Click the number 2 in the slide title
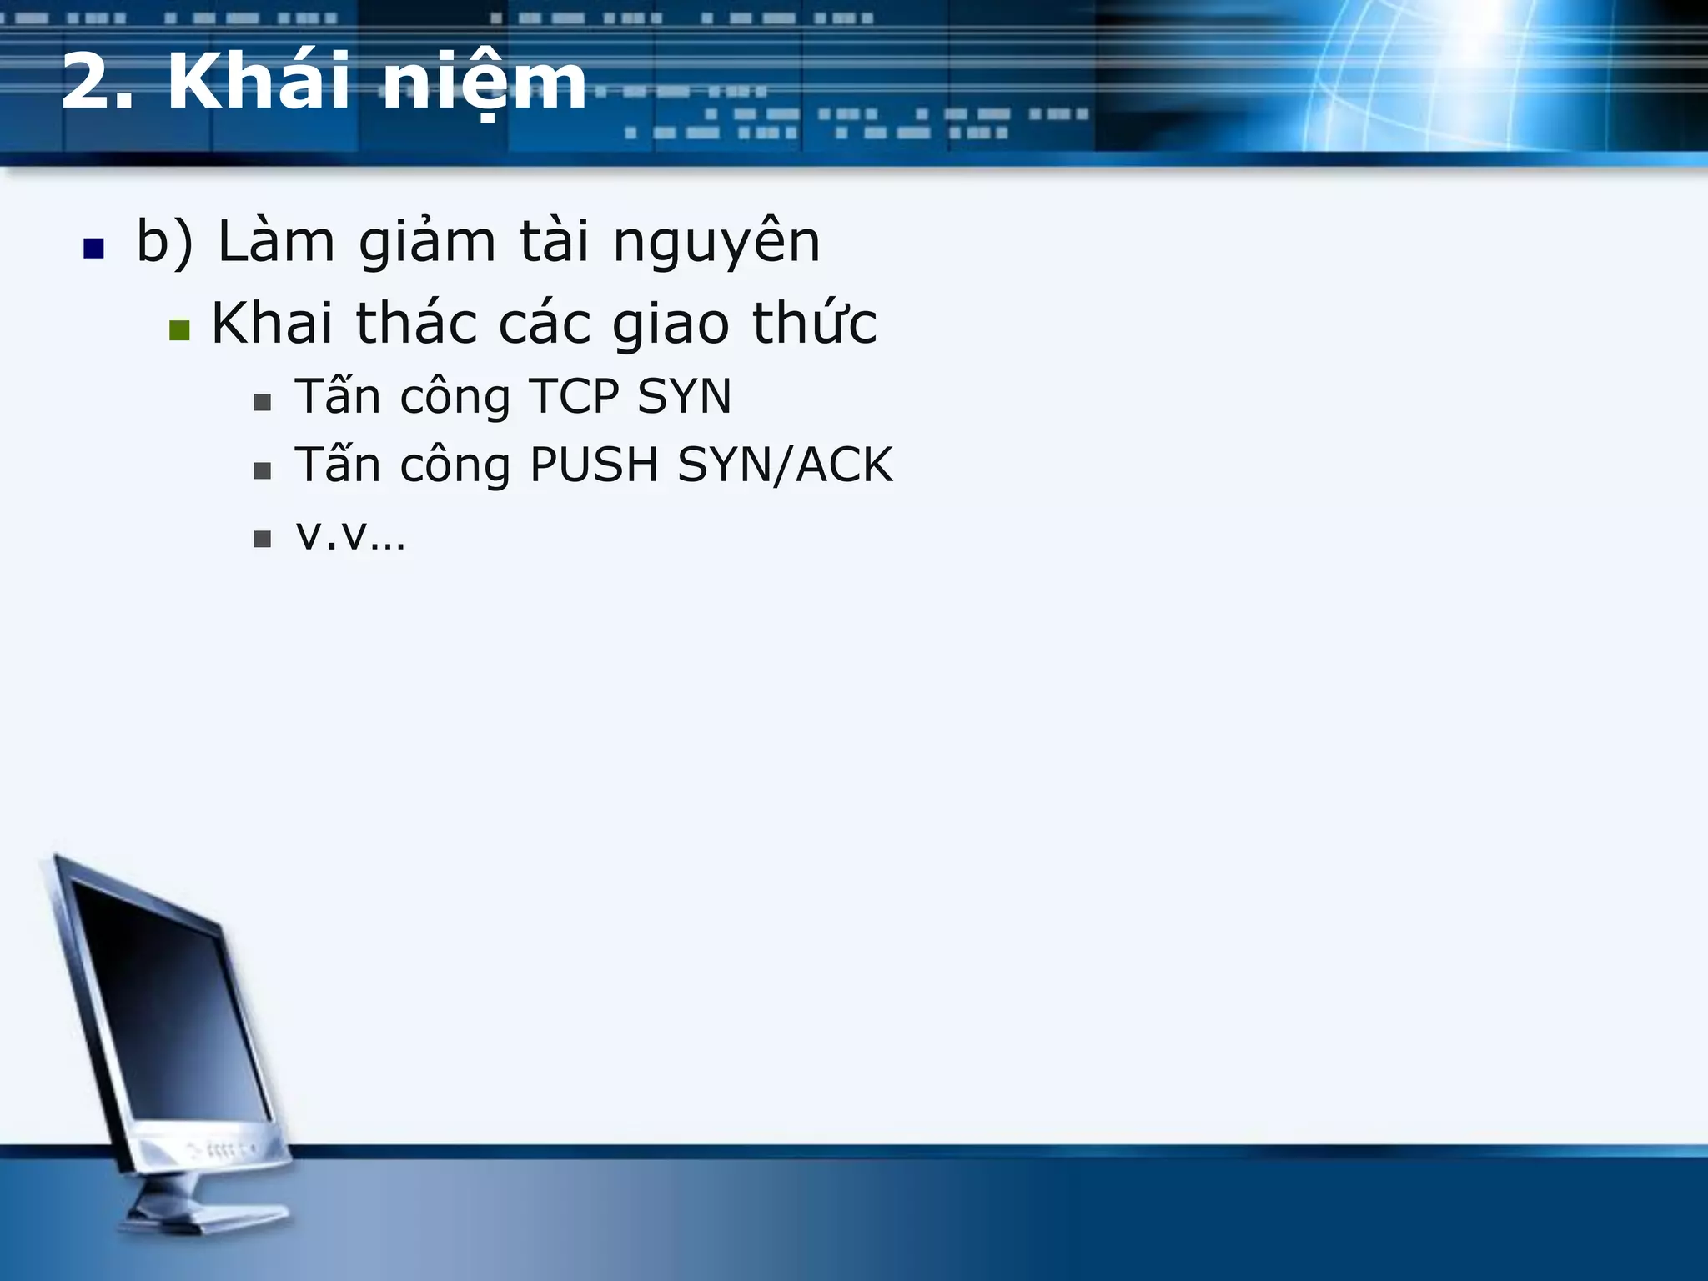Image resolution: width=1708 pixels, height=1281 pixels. [88, 82]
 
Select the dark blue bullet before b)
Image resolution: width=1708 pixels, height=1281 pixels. [93, 249]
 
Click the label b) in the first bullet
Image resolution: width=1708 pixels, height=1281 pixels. [164, 242]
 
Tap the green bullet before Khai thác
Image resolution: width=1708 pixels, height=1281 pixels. [179, 330]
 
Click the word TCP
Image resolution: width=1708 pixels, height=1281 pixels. [575, 396]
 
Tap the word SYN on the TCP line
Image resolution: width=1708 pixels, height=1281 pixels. [684, 396]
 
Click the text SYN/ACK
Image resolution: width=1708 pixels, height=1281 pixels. [785, 465]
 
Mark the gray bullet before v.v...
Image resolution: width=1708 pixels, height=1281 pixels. [263, 539]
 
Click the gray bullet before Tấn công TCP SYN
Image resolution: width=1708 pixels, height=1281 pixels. [263, 403]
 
